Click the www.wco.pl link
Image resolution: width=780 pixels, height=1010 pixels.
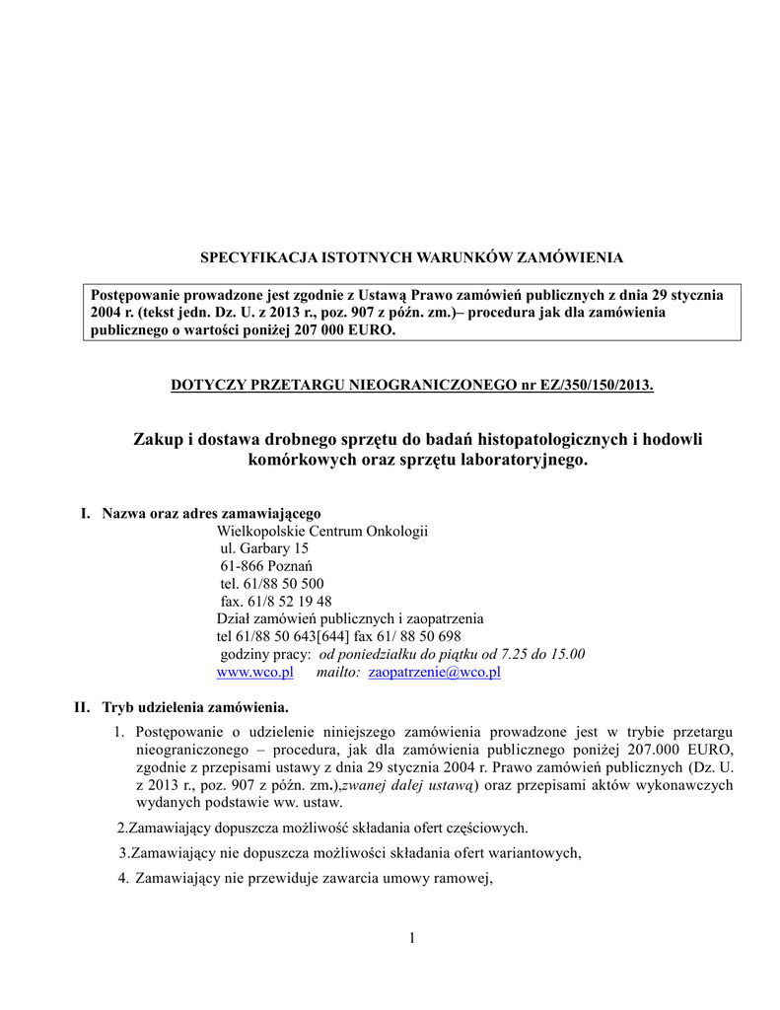(254, 673)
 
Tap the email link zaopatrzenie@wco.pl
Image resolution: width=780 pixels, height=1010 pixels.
(434, 673)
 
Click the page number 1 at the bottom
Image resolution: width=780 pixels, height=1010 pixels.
(412, 937)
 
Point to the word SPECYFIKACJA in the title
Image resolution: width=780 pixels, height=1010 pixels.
(249, 257)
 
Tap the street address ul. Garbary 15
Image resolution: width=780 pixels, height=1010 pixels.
(263, 548)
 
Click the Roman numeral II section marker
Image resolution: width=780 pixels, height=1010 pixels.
(83, 707)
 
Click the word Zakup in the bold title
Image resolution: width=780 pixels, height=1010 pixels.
(157, 438)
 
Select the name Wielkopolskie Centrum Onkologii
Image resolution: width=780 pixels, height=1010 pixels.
(321, 531)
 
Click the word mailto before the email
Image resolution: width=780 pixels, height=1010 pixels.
(338, 673)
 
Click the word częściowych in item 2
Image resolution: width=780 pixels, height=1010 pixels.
(490, 827)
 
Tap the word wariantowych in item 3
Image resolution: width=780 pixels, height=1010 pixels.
(536, 853)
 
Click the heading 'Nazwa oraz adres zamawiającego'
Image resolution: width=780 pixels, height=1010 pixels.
(211, 513)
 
